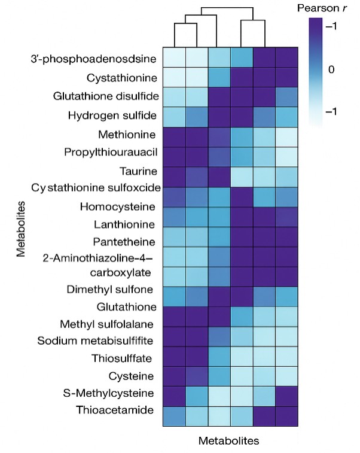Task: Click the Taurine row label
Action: click(x=139, y=171)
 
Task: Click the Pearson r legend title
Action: click(x=325, y=9)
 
